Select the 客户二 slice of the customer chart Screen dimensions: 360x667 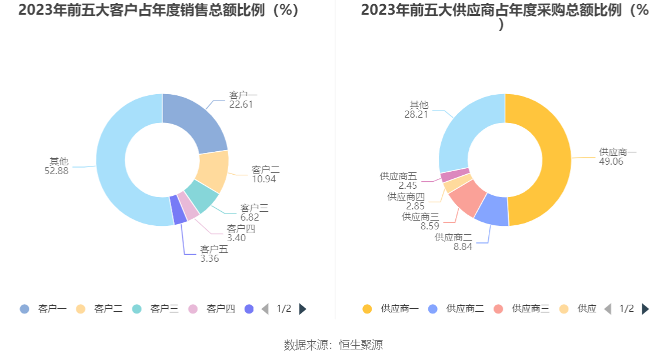click(212, 171)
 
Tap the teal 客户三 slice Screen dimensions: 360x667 click(202, 197)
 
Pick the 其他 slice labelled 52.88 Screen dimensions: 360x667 click(118, 171)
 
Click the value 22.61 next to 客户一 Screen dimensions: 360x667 click(241, 104)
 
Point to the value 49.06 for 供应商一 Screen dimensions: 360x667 click(611, 162)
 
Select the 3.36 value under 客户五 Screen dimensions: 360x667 click(209, 258)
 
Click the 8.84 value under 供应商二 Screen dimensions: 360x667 click(462, 247)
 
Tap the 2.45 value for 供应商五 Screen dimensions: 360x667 click(408, 186)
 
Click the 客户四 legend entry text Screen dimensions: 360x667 click(221, 309)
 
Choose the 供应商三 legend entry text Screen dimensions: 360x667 click(531, 309)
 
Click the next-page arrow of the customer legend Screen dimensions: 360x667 click(303, 309)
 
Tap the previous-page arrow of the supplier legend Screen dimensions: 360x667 click(608, 309)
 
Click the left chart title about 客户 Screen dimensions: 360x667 click(159, 10)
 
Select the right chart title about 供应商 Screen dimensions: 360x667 click(505, 10)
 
